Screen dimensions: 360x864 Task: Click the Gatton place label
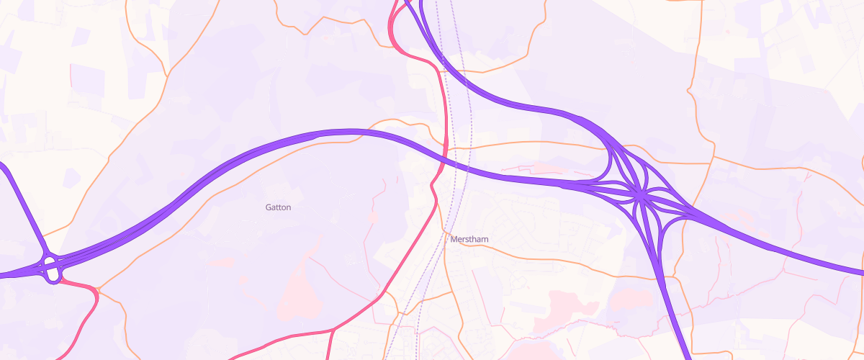pyautogui.click(x=278, y=207)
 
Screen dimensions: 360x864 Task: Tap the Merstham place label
pyautogui.click(x=469, y=239)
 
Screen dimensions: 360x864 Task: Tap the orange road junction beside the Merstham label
pyautogui.click(x=446, y=243)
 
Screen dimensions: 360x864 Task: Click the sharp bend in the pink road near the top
pyautogui.click(x=395, y=43)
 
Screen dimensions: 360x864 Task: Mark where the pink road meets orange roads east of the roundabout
pyautogui.click(x=98, y=290)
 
